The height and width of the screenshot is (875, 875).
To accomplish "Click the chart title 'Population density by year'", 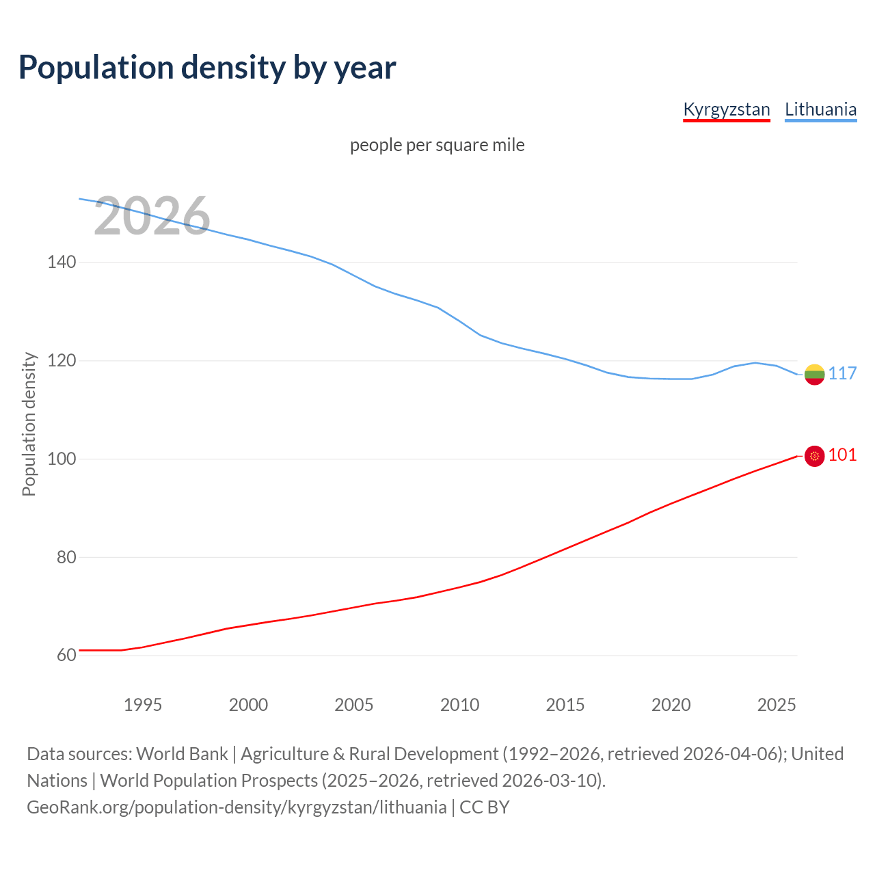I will [207, 68].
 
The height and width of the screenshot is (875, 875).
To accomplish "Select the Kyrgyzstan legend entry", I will [727, 109].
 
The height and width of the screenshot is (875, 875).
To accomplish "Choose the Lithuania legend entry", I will [820, 109].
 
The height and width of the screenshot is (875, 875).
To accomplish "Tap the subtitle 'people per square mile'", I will [437, 145].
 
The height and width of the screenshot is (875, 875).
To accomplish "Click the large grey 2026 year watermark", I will [152, 217].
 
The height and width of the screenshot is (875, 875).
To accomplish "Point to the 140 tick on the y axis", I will [62, 262].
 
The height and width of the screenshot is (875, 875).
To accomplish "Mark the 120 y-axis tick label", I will [62, 361].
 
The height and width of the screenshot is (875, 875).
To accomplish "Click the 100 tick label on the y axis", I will [62, 459].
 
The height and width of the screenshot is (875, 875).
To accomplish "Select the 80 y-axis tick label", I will [66, 558].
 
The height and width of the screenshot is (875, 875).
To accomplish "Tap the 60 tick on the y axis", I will [66, 656].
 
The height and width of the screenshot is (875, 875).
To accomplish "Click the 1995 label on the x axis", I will [142, 705].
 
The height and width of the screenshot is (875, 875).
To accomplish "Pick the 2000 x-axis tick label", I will [248, 705].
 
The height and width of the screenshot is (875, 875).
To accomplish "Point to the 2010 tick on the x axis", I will [459, 705].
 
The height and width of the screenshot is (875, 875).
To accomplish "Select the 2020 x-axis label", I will [671, 705].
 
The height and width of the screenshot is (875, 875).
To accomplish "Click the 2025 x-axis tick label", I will [777, 705].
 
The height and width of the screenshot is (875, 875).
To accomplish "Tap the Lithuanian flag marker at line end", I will [814, 374].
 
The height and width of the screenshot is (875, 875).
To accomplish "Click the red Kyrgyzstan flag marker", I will [814, 456].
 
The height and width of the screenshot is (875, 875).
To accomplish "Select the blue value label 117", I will [842, 373].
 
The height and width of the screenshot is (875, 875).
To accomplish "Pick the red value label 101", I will [842, 455].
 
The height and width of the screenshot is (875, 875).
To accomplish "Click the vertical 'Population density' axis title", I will [29, 424].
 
